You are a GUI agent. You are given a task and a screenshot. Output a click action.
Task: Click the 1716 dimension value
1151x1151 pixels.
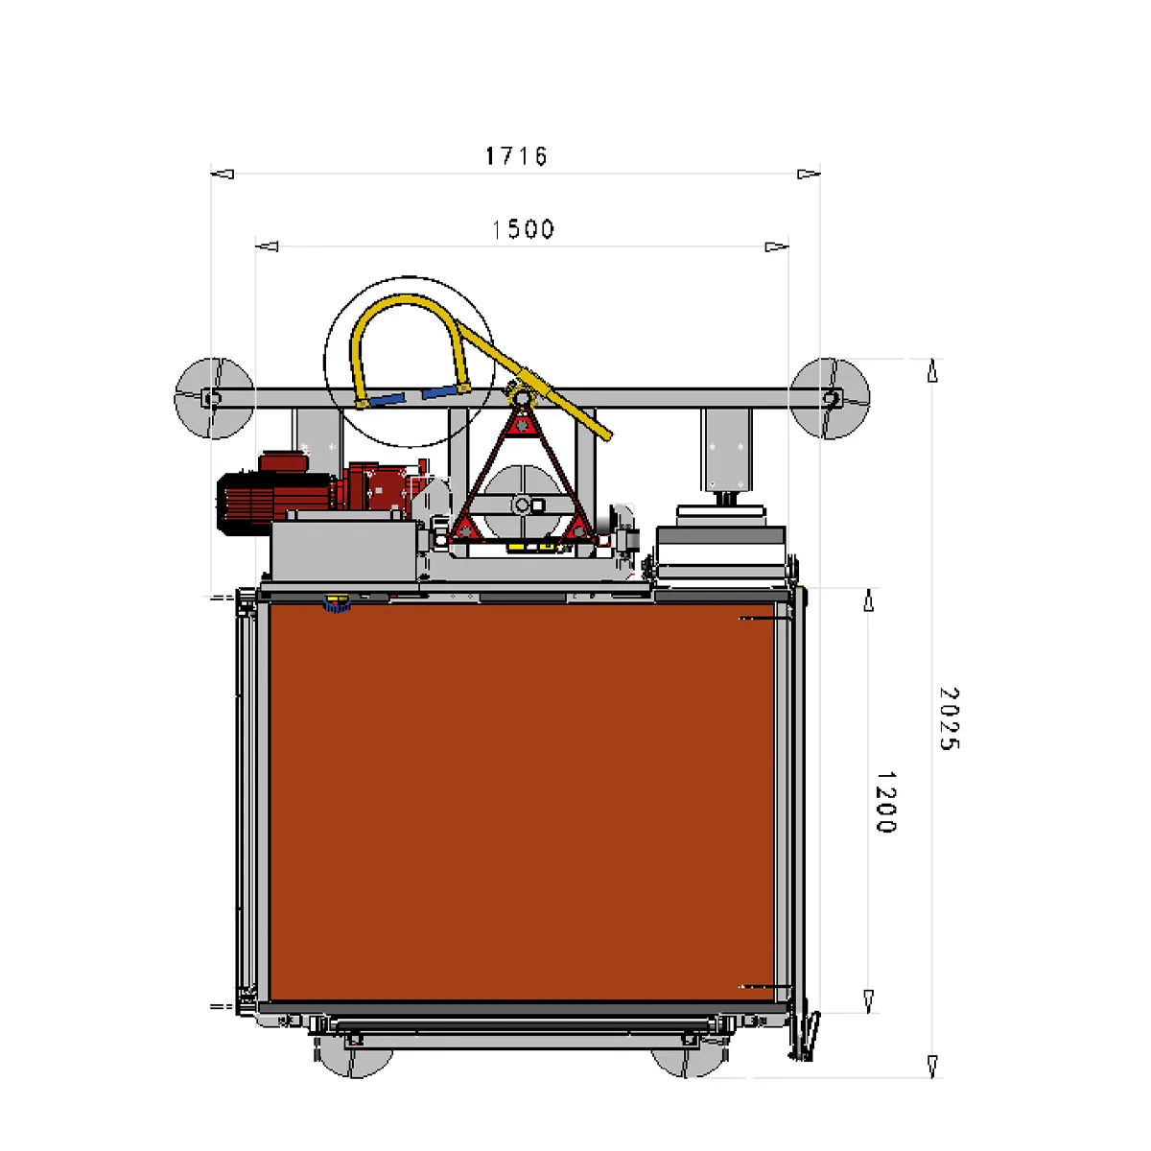(x=516, y=156)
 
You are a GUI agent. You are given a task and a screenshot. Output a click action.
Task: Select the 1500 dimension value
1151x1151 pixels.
(x=524, y=229)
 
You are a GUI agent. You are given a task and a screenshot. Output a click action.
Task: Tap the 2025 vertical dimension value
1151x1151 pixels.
(x=950, y=718)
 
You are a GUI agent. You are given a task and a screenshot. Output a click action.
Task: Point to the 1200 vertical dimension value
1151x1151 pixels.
(x=886, y=802)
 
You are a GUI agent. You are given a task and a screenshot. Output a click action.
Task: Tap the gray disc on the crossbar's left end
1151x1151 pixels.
(x=215, y=398)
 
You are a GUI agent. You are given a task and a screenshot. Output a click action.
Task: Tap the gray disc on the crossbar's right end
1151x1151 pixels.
(x=830, y=398)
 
